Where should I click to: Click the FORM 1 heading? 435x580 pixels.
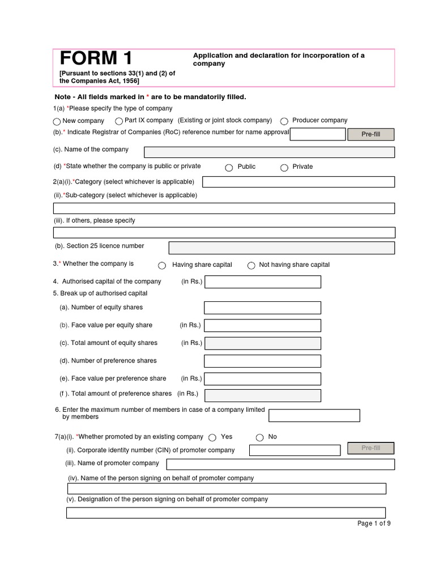[x=96, y=59]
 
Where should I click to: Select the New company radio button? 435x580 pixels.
[x=57, y=121]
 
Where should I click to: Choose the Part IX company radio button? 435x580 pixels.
[x=119, y=121]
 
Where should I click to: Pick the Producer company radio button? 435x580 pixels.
[x=284, y=121]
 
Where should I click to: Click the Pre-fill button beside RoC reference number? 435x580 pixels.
[x=370, y=134]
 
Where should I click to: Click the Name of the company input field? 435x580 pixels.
[x=269, y=152]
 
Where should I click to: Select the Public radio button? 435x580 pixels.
[x=229, y=167]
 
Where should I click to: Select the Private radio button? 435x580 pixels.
[x=284, y=167]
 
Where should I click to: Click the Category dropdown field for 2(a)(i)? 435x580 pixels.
[x=298, y=182]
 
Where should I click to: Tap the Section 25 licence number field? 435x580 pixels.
[x=282, y=248]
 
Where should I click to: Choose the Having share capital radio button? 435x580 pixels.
[x=162, y=266]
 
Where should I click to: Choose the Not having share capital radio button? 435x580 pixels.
[x=251, y=266]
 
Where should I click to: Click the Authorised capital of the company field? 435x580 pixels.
[x=262, y=282]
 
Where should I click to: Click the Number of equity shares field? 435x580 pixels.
[x=262, y=308]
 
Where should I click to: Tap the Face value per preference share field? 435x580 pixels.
[x=262, y=378]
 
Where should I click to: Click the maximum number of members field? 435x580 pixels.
[x=314, y=416]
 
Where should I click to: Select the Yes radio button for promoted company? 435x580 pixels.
[x=212, y=437]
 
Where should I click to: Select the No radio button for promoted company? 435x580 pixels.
[x=260, y=437]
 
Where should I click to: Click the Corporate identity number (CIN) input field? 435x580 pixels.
[x=295, y=450]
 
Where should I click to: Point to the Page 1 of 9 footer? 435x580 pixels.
[x=374, y=523]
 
